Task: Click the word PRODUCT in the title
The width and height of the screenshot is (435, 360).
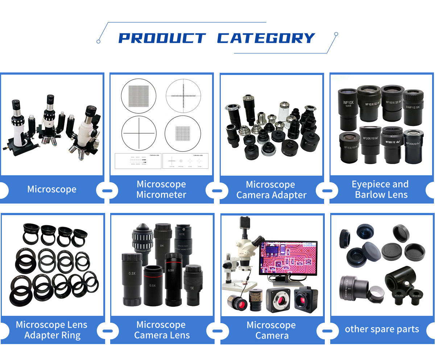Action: [x=162, y=38]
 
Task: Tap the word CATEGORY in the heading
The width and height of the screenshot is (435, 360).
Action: [x=266, y=38]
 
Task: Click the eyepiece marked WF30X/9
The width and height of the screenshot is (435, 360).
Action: [x=413, y=147]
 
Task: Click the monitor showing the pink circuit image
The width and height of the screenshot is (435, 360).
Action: [x=288, y=258]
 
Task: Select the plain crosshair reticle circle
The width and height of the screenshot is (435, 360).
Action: [x=138, y=133]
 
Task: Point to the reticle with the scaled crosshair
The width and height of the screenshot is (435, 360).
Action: [x=183, y=96]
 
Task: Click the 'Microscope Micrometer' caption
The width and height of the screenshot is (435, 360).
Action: [x=161, y=189]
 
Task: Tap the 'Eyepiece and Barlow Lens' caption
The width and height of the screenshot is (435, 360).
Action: [x=380, y=189]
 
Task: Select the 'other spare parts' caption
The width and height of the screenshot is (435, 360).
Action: [x=382, y=329]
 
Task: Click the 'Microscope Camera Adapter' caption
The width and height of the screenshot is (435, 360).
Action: [x=271, y=190]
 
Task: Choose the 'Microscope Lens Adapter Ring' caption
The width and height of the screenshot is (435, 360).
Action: [x=52, y=330]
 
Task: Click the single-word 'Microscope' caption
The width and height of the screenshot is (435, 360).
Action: [x=52, y=189]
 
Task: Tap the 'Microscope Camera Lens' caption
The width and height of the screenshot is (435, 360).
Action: [x=162, y=330]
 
